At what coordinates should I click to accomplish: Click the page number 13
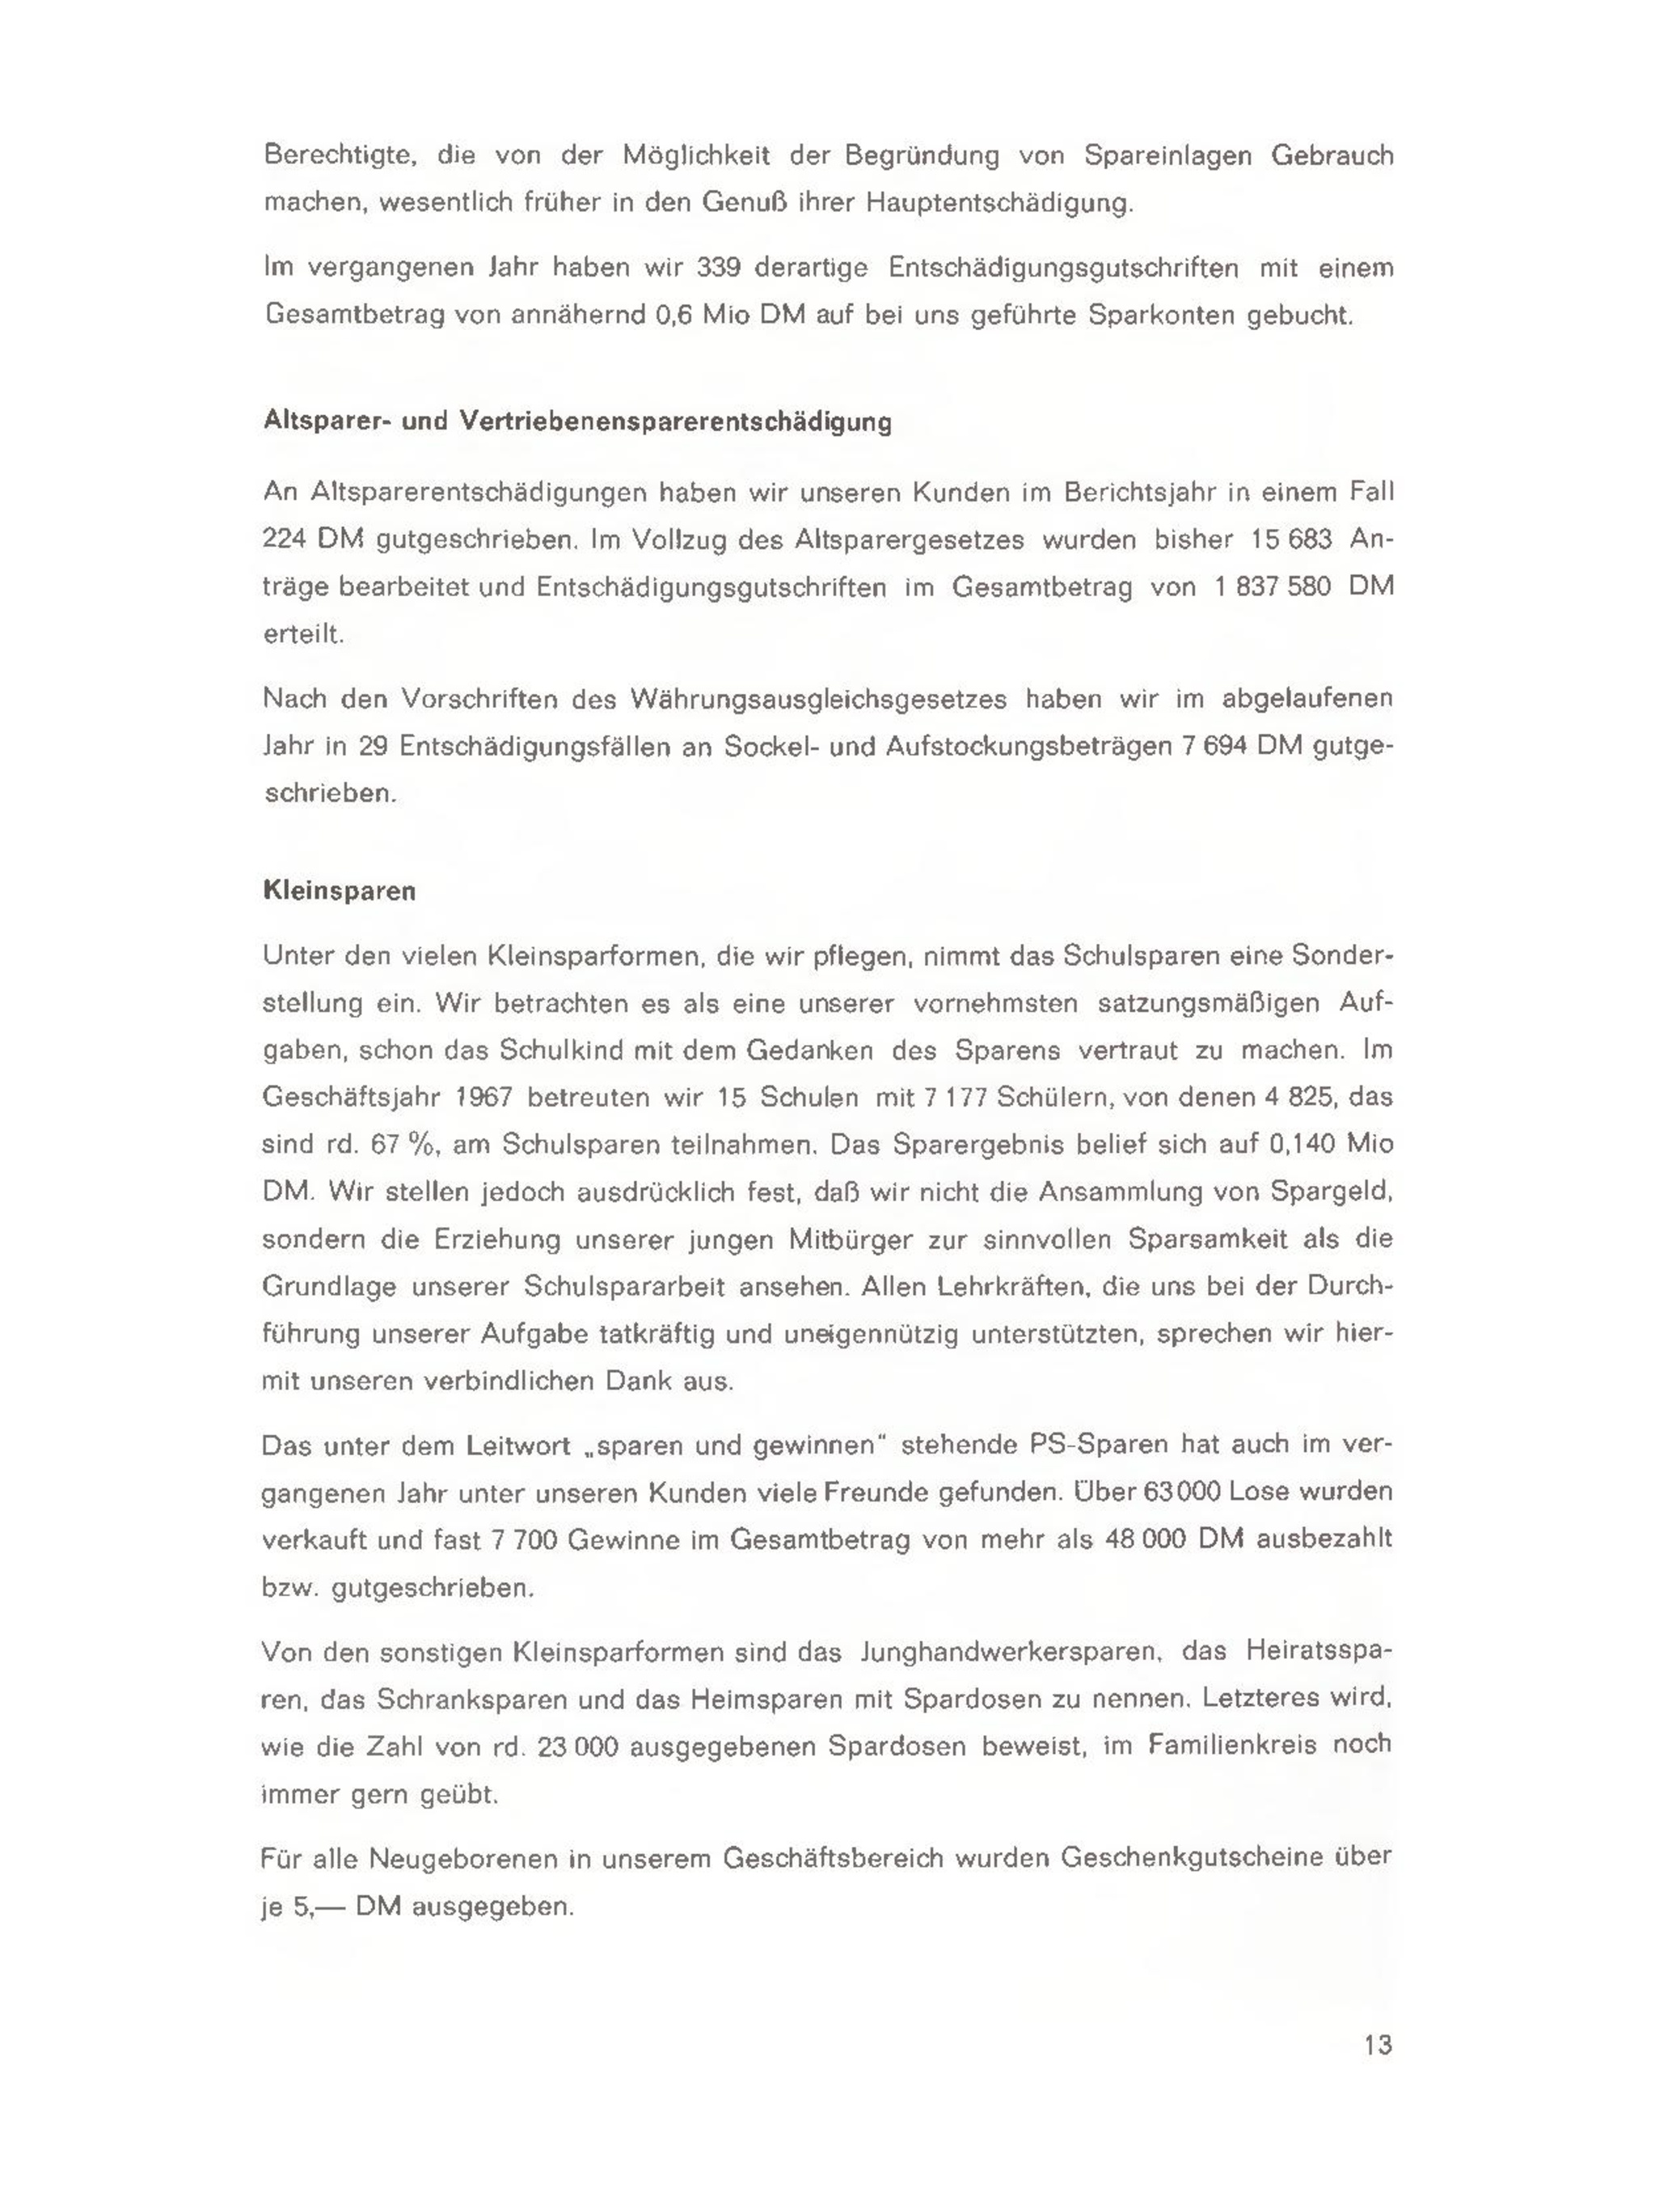coord(1378,2045)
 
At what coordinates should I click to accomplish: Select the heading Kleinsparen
coord(339,890)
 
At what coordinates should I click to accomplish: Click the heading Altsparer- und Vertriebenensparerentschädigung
coord(576,421)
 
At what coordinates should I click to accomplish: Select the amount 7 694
coord(1214,746)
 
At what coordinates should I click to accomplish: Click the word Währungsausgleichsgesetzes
coord(818,698)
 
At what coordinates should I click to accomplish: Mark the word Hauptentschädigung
coord(998,202)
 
